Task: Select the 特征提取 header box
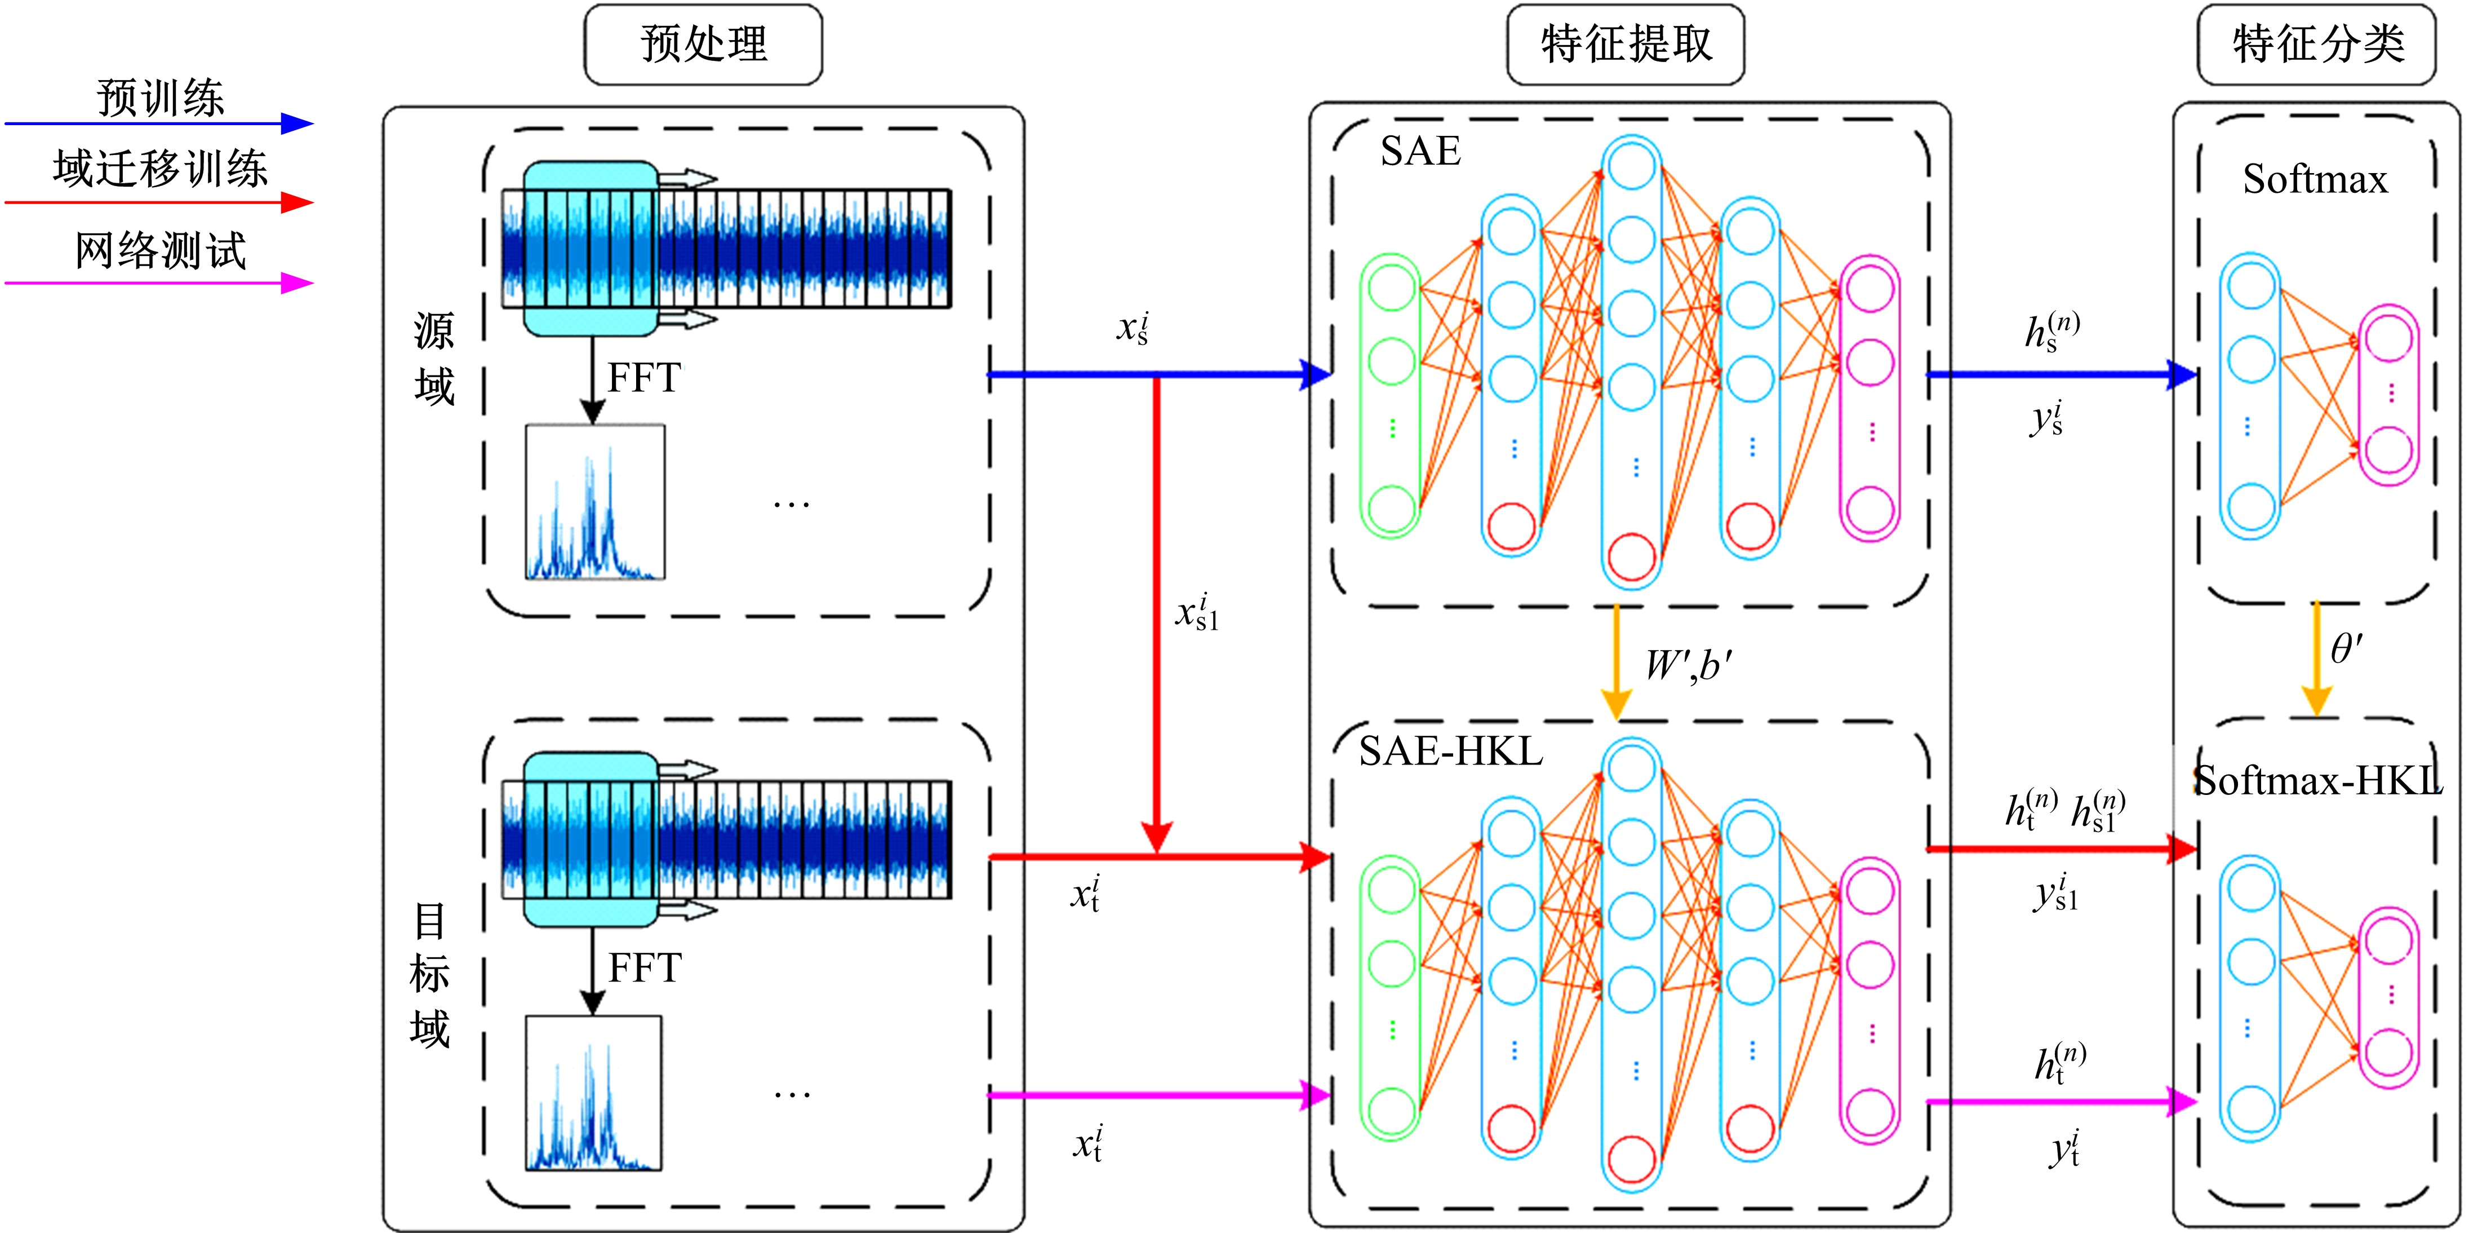[x=1626, y=44]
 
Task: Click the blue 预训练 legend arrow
[x=158, y=123]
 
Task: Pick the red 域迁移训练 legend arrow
[x=158, y=202]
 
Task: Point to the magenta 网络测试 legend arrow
[x=158, y=283]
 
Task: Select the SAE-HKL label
[x=1450, y=751]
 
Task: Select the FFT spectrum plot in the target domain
[x=593, y=1093]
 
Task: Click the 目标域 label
[x=429, y=975]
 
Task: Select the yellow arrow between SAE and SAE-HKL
[x=1617, y=661]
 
